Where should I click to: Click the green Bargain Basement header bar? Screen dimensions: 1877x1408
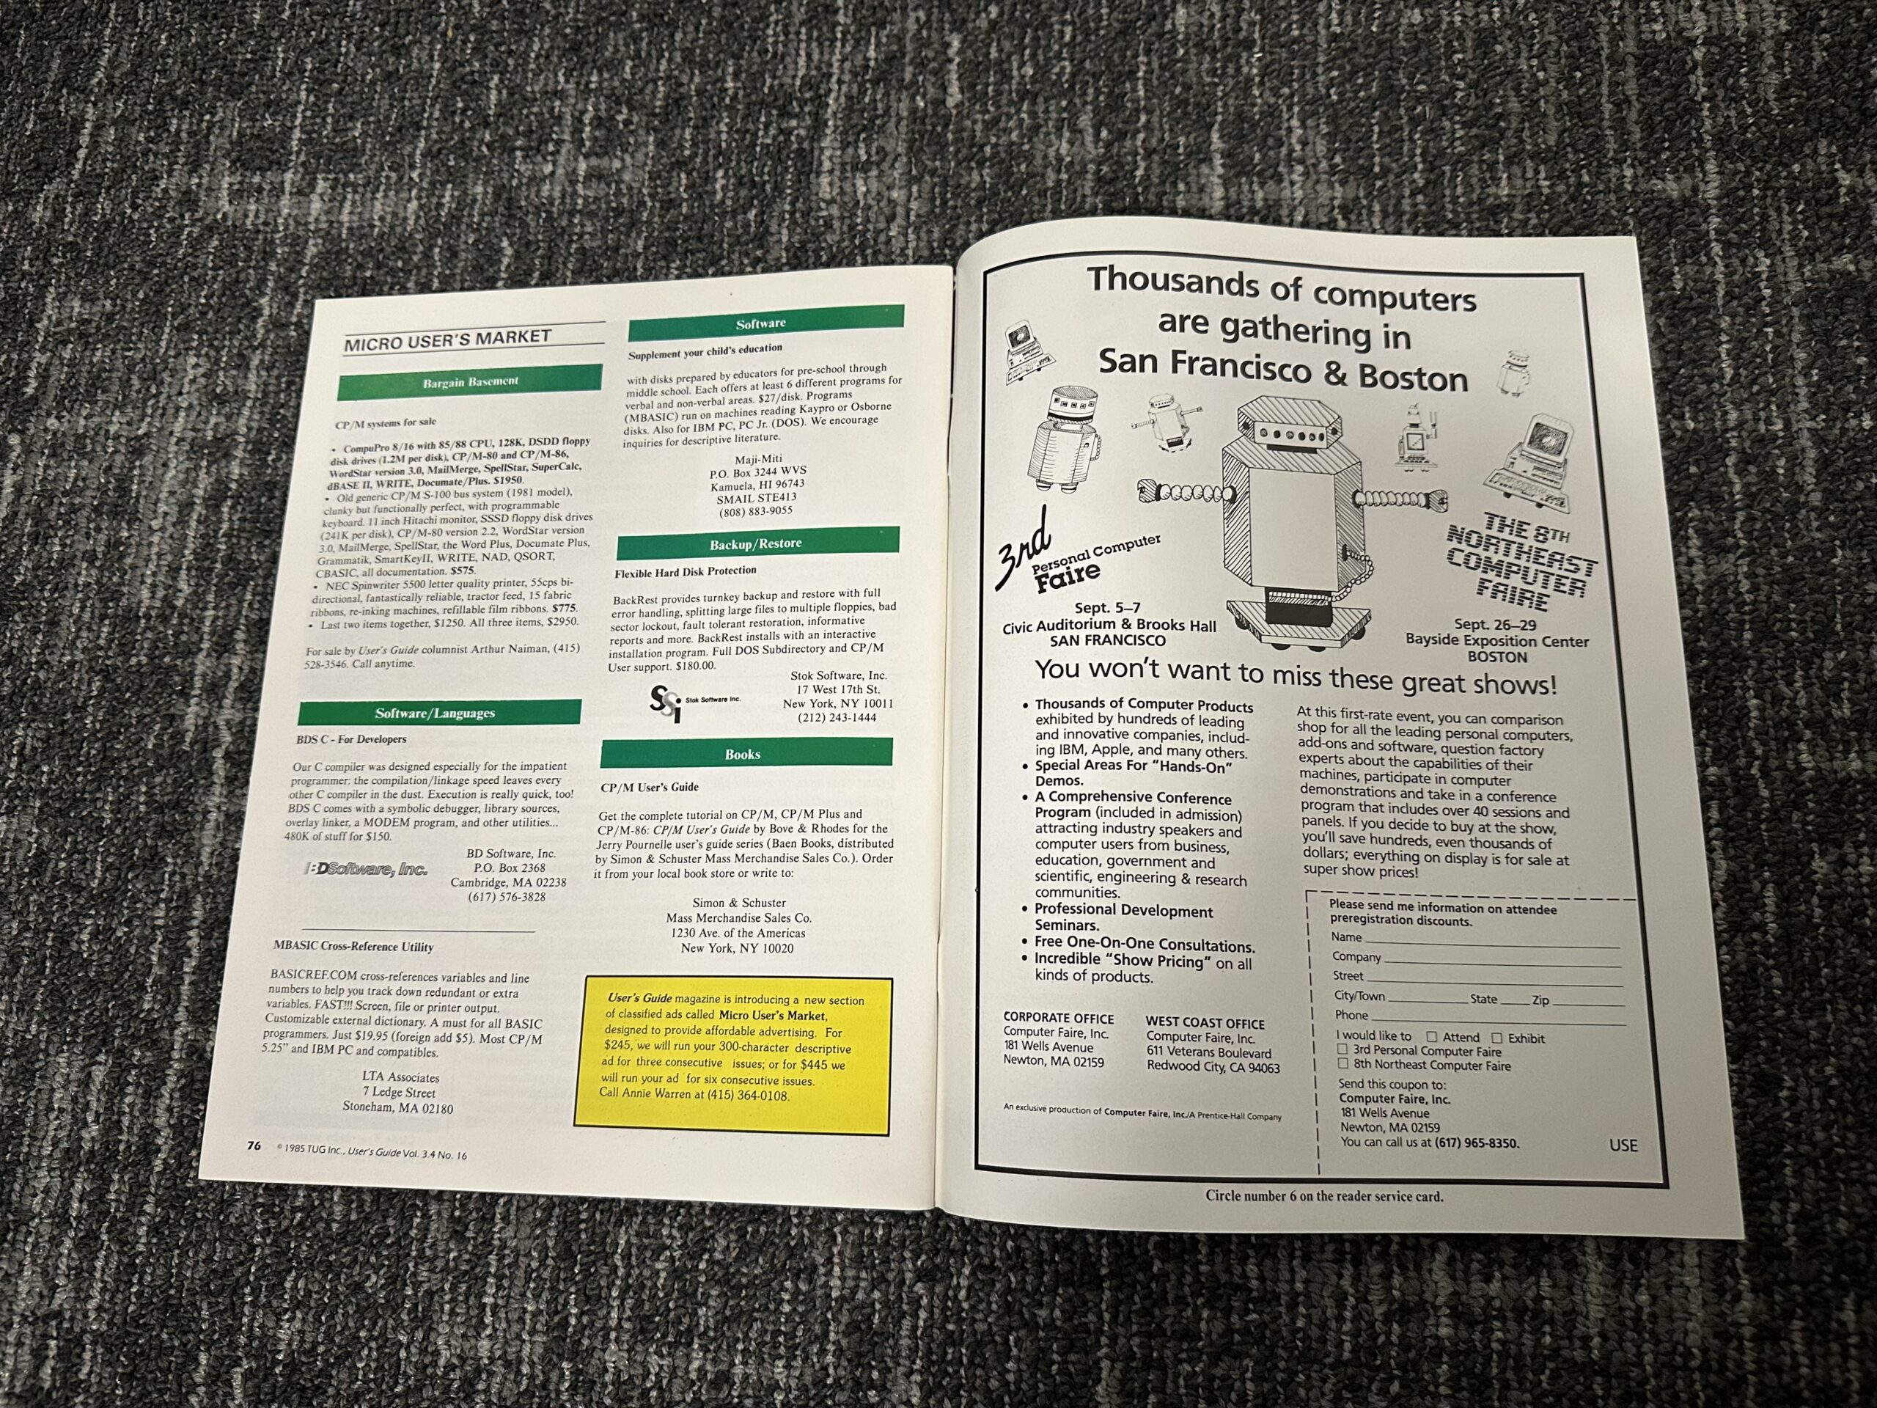469,382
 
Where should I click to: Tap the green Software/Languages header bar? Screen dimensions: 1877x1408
439,713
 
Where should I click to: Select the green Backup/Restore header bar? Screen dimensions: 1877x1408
757,543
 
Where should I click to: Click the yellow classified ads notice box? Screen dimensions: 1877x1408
733,1056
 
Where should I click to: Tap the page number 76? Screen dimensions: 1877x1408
254,1145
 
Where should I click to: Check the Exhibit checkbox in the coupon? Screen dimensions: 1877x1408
1497,1038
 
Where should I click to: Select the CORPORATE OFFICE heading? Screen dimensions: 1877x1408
1058,1016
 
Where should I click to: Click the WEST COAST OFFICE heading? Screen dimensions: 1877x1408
1205,1024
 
